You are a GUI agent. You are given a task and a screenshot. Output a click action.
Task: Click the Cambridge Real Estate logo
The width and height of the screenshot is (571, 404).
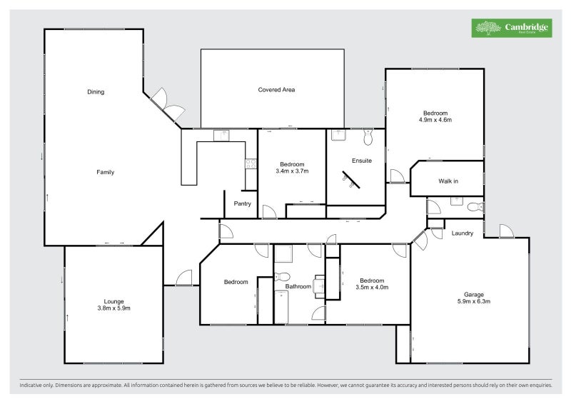(x=511, y=28)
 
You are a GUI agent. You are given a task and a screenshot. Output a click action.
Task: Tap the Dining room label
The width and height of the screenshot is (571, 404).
(x=96, y=91)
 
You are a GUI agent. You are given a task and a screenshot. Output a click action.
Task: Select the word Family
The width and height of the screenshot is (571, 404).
(x=106, y=172)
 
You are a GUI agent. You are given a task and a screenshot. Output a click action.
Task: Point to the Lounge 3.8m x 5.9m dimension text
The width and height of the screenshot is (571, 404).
(x=113, y=308)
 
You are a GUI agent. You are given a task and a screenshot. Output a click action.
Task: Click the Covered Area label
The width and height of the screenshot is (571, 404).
(x=276, y=90)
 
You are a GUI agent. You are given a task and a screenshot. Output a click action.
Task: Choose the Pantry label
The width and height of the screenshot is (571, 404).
(x=243, y=203)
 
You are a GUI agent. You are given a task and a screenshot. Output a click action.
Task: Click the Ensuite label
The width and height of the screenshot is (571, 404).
(x=362, y=161)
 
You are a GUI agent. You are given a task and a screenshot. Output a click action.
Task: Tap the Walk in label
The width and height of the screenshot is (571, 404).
(x=448, y=181)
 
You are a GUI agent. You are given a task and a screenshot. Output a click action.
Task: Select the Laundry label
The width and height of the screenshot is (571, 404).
(x=463, y=233)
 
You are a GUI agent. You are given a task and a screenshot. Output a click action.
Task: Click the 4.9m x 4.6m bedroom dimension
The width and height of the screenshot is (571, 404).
(x=435, y=120)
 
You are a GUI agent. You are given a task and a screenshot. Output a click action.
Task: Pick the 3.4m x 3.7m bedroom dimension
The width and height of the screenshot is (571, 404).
(x=292, y=171)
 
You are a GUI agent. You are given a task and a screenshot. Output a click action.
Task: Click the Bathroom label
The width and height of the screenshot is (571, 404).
(x=298, y=287)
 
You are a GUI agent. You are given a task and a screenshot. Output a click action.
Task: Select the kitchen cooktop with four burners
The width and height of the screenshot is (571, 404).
(x=251, y=163)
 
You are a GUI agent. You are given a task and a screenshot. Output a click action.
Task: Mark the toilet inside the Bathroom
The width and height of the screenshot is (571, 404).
(x=282, y=276)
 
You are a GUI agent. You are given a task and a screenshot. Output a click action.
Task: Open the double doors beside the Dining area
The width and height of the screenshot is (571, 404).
(x=166, y=103)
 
